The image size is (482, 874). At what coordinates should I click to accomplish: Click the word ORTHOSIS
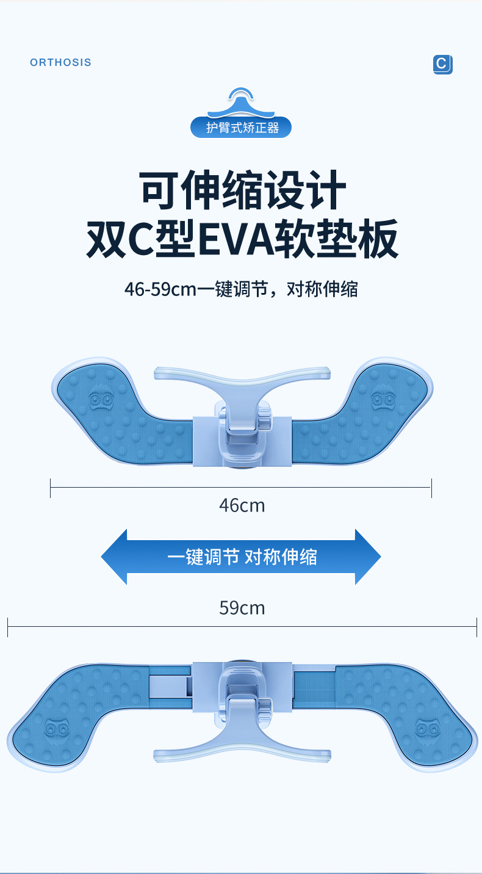tap(60, 62)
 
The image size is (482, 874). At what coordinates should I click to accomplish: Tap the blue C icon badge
tap(442, 64)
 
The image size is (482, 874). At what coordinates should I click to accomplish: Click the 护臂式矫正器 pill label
tap(241, 128)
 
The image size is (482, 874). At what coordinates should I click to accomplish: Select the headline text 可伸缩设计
tap(242, 192)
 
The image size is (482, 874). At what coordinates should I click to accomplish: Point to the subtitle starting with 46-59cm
tap(241, 289)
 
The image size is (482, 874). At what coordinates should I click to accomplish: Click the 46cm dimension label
tap(242, 505)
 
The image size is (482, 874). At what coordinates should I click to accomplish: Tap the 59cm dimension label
tap(242, 608)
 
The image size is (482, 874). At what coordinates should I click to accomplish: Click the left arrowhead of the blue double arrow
tap(114, 557)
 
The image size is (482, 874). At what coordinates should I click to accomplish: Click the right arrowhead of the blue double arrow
tap(368, 557)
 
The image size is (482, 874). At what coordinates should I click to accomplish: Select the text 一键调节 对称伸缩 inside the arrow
tap(242, 557)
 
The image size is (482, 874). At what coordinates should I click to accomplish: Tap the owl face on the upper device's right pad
tap(383, 400)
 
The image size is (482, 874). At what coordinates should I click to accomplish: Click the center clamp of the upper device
tap(242, 433)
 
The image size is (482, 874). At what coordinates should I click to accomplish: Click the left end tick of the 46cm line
tap(51, 488)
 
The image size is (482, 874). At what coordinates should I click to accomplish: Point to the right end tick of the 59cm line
tap(477, 627)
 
